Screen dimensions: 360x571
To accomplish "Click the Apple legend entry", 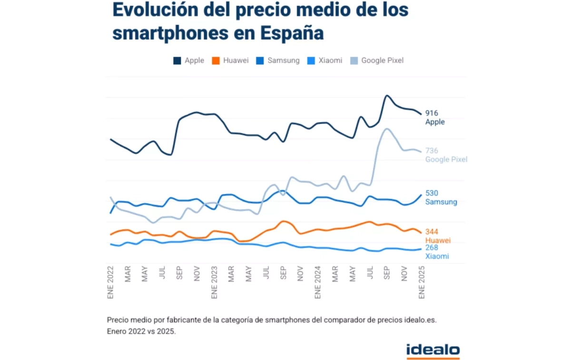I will coord(189,60).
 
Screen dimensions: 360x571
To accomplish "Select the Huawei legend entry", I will coord(230,60).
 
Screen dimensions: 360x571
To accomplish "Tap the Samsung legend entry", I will coord(278,60).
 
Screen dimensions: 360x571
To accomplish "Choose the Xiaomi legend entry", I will coord(325,60).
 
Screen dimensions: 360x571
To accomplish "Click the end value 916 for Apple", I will coord(432,113).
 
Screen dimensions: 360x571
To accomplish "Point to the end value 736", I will coord(432,151).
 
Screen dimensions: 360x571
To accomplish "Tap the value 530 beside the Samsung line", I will coord(432,193).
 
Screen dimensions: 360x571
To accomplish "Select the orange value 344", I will coord(432,232).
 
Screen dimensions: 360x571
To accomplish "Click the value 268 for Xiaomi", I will coord(432,248).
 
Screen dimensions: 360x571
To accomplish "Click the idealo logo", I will coord(433,351).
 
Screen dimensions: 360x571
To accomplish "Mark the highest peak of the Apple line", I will coord(387,96).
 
